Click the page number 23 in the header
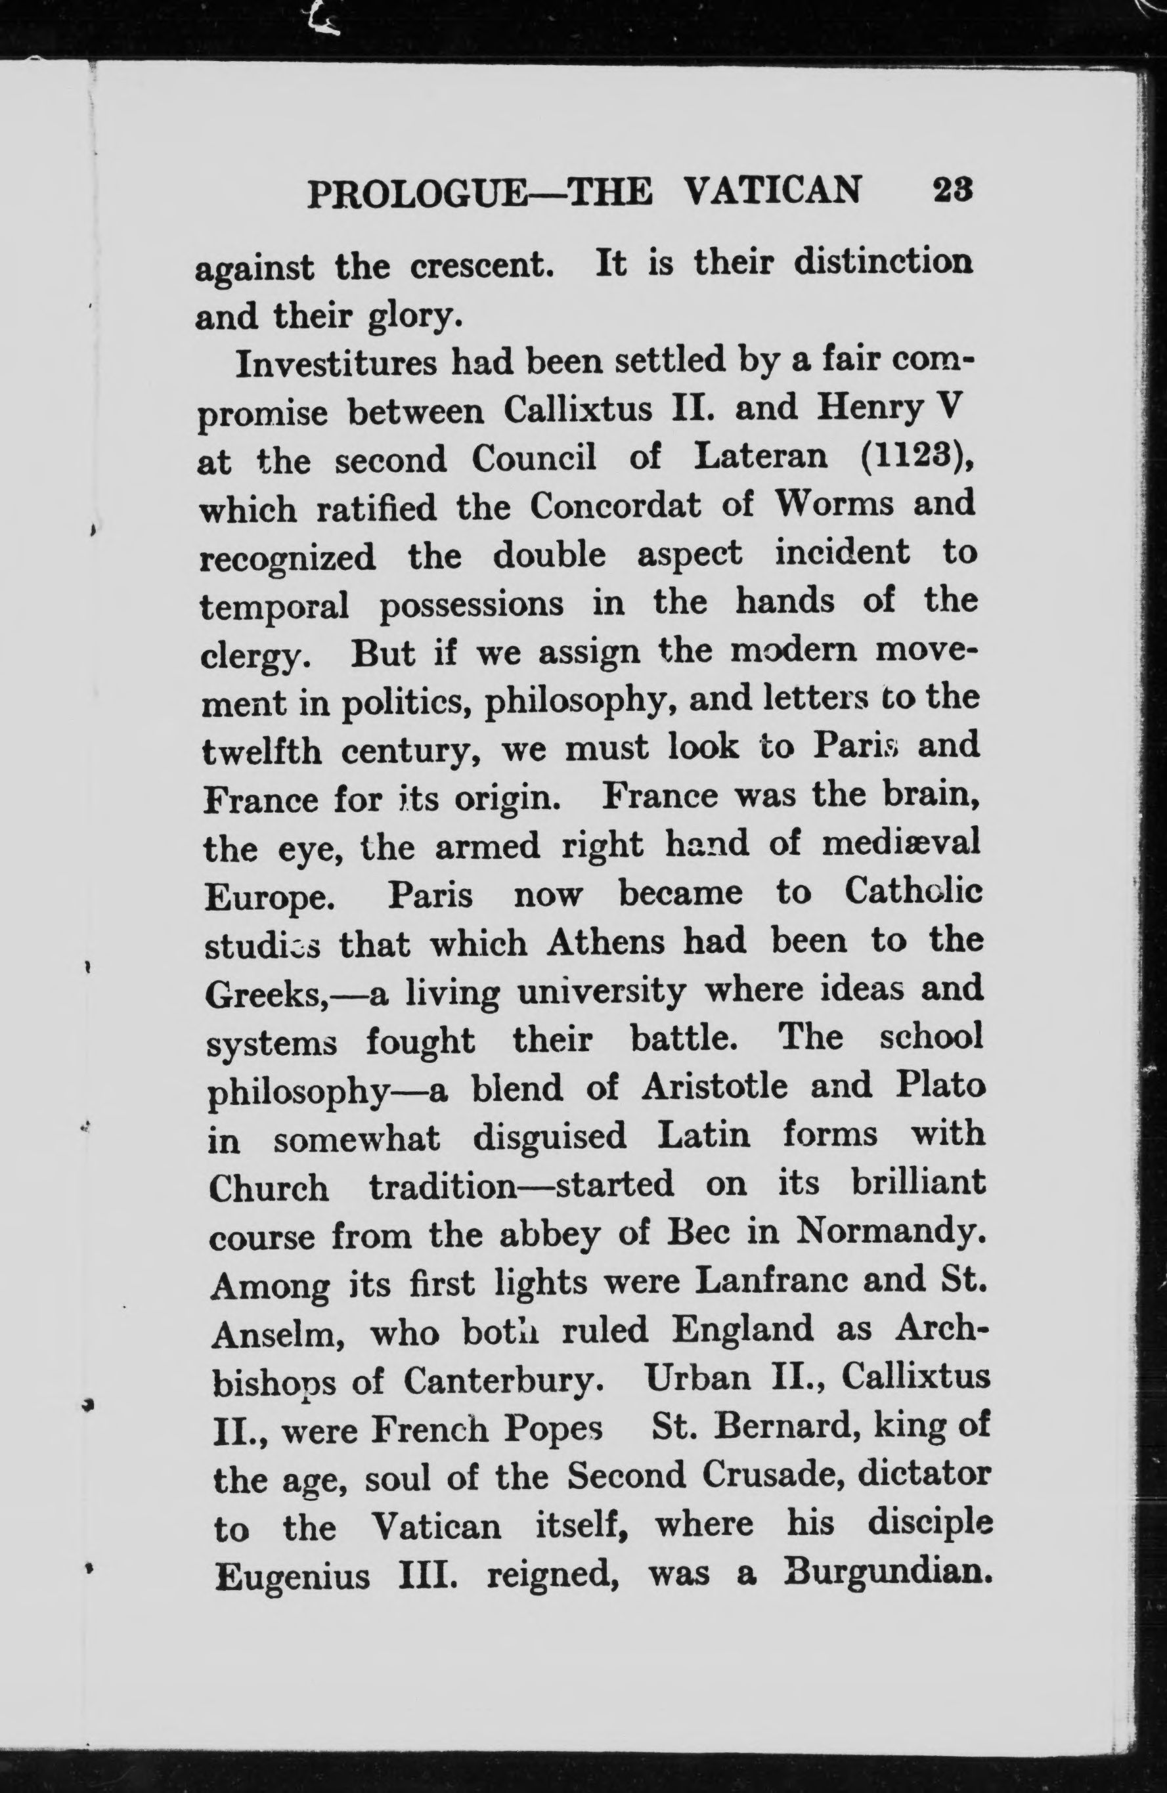[954, 188]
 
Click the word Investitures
[336, 364]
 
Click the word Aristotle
[715, 1087]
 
